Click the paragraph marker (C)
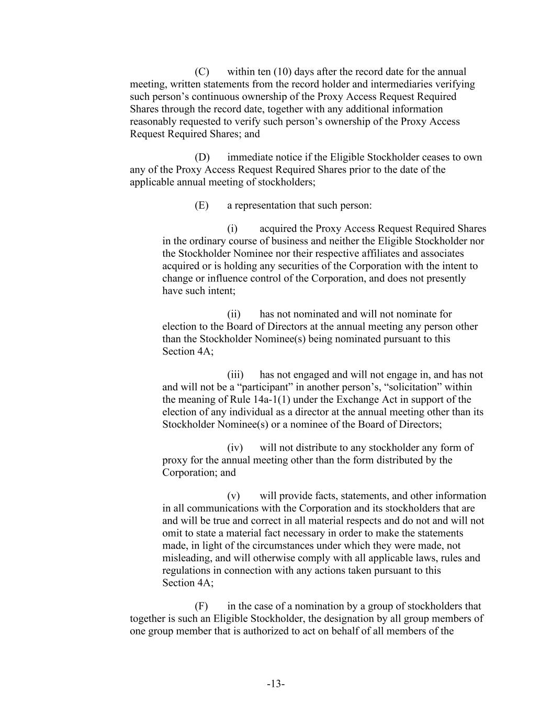202,72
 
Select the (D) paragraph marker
202,157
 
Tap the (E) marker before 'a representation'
201,205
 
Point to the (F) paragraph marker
201,606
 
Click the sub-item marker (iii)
235,375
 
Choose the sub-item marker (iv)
235,448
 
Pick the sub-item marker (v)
233,496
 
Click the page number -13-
276,684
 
